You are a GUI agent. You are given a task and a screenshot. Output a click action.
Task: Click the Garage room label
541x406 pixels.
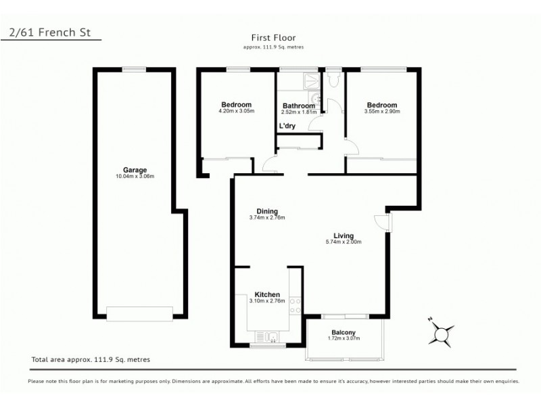[x=135, y=170]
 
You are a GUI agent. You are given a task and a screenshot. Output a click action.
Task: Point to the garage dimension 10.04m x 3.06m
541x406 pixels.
[x=135, y=177]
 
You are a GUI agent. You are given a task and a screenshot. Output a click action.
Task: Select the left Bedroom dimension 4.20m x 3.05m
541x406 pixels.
[x=236, y=111]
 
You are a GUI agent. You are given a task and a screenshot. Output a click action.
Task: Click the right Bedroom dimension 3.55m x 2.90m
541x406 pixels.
[x=381, y=111]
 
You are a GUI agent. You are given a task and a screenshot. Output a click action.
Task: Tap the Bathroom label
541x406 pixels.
[x=298, y=106]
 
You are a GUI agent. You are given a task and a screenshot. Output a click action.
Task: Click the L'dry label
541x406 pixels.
[x=287, y=126]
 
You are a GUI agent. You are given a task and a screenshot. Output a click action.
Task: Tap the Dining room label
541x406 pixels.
[x=266, y=211]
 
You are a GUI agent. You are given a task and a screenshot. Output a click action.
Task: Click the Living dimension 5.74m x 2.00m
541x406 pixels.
[x=343, y=242]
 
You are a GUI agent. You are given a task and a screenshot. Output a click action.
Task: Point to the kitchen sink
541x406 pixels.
[x=266, y=336]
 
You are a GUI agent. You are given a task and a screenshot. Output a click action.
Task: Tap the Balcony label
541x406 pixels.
[x=344, y=332]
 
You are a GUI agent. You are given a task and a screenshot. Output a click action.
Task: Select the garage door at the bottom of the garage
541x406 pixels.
[x=139, y=313]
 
